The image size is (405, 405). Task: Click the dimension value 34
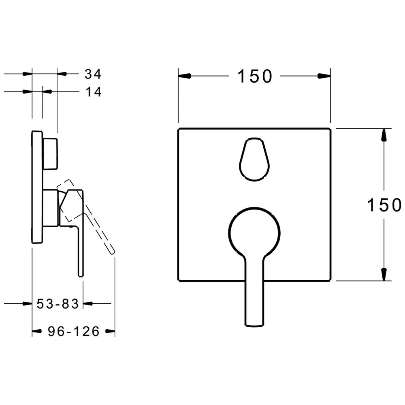[93, 74]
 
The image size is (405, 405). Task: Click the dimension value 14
[94, 92]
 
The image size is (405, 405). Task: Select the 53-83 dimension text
[58, 304]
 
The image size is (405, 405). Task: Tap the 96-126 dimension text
[74, 331]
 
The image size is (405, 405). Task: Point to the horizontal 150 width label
[255, 77]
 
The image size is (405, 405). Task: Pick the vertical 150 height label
[384, 205]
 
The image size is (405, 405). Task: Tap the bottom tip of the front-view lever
[254, 326]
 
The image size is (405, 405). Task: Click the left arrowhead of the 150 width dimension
[184, 76]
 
